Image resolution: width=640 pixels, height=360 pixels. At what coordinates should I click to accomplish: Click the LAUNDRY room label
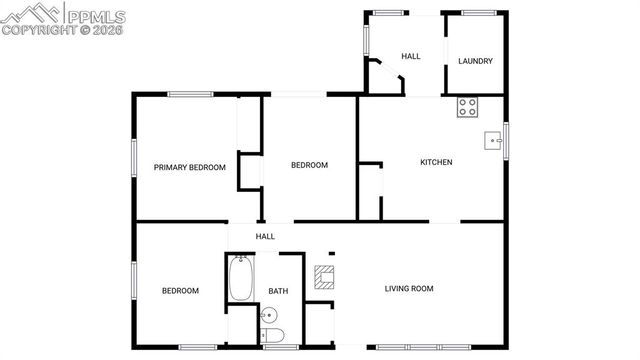(475, 61)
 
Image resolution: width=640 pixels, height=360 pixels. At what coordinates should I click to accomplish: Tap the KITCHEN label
(436, 162)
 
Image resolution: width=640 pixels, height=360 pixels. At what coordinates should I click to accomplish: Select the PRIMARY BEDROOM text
(189, 167)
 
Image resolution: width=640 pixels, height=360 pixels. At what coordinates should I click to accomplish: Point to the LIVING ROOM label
(409, 289)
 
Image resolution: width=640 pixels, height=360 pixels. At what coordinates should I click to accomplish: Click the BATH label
(278, 292)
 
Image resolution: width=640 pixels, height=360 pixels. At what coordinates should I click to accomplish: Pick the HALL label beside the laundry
(410, 57)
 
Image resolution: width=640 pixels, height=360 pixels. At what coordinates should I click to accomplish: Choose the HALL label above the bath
(265, 236)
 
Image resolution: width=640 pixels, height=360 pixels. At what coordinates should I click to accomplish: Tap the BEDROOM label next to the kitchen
(309, 165)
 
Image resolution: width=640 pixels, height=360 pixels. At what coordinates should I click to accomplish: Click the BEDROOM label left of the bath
(180, 291)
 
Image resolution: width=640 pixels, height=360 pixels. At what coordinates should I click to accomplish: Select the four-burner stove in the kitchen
(468, 107)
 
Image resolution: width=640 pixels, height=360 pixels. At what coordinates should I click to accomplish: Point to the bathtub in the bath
(241, 279)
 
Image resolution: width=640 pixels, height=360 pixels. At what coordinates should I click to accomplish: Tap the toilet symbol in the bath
(275, 335)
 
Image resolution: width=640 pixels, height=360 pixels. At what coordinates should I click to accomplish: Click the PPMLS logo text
(96, 14)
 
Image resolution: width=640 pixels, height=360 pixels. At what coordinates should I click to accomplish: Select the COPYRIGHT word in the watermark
(39, 30)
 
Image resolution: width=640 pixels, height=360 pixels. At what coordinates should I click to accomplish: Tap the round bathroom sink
(266, 316)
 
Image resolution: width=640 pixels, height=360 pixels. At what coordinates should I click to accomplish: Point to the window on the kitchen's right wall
(507, 140)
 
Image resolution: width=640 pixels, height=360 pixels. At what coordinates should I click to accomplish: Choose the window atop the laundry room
(479, 12)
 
